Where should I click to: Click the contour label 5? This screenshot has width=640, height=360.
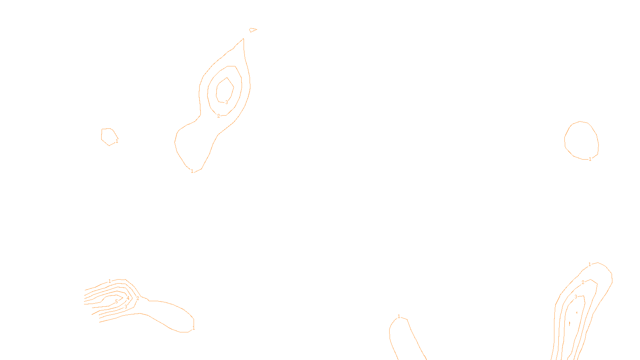pyautogui.click(x=116, y=302)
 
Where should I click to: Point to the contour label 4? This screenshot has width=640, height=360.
pyautogui.click(x=128, y=298)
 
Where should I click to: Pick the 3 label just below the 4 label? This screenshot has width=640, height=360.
pyautogui.click(x=126, y=307)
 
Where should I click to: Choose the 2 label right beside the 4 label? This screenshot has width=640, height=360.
pyautogui.click(x=138, y=298)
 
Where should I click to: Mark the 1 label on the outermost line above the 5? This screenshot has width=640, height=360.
pyautogui.click(x=110, y=281)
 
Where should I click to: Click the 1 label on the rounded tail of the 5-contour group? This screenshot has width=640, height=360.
pyautogui.click(x=194, y=328)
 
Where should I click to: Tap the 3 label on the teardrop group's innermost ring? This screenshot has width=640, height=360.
pyautogui.click(x=226, y=102)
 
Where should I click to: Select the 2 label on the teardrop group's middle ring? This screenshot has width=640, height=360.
pyautogui.click(x=218, y=116)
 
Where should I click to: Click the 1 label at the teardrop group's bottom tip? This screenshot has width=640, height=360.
pyautogui.click(x=192, y=171)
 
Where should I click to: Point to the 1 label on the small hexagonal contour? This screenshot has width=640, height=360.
pyautogui.click(x=117, y=141)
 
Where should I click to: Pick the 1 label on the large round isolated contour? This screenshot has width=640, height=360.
pyautogui.click(x=590, y=159)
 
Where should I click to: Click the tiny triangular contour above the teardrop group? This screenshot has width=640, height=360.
pyautogui.click(x=252, y=30)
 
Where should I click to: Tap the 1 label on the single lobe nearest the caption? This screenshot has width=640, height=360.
pyautogui.click(x=399, y=316)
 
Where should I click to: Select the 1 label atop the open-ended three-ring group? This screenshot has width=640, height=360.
pyautogui.click(x=590, y=264)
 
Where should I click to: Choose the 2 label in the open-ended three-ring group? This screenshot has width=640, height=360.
pyautogui.click(x=583, y=282)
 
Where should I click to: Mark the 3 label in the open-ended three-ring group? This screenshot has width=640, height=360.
pyautogui.click(x=576, y=297)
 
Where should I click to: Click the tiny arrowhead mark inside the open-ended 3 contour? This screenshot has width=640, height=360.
pyautogui.click(x=576, y=312)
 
